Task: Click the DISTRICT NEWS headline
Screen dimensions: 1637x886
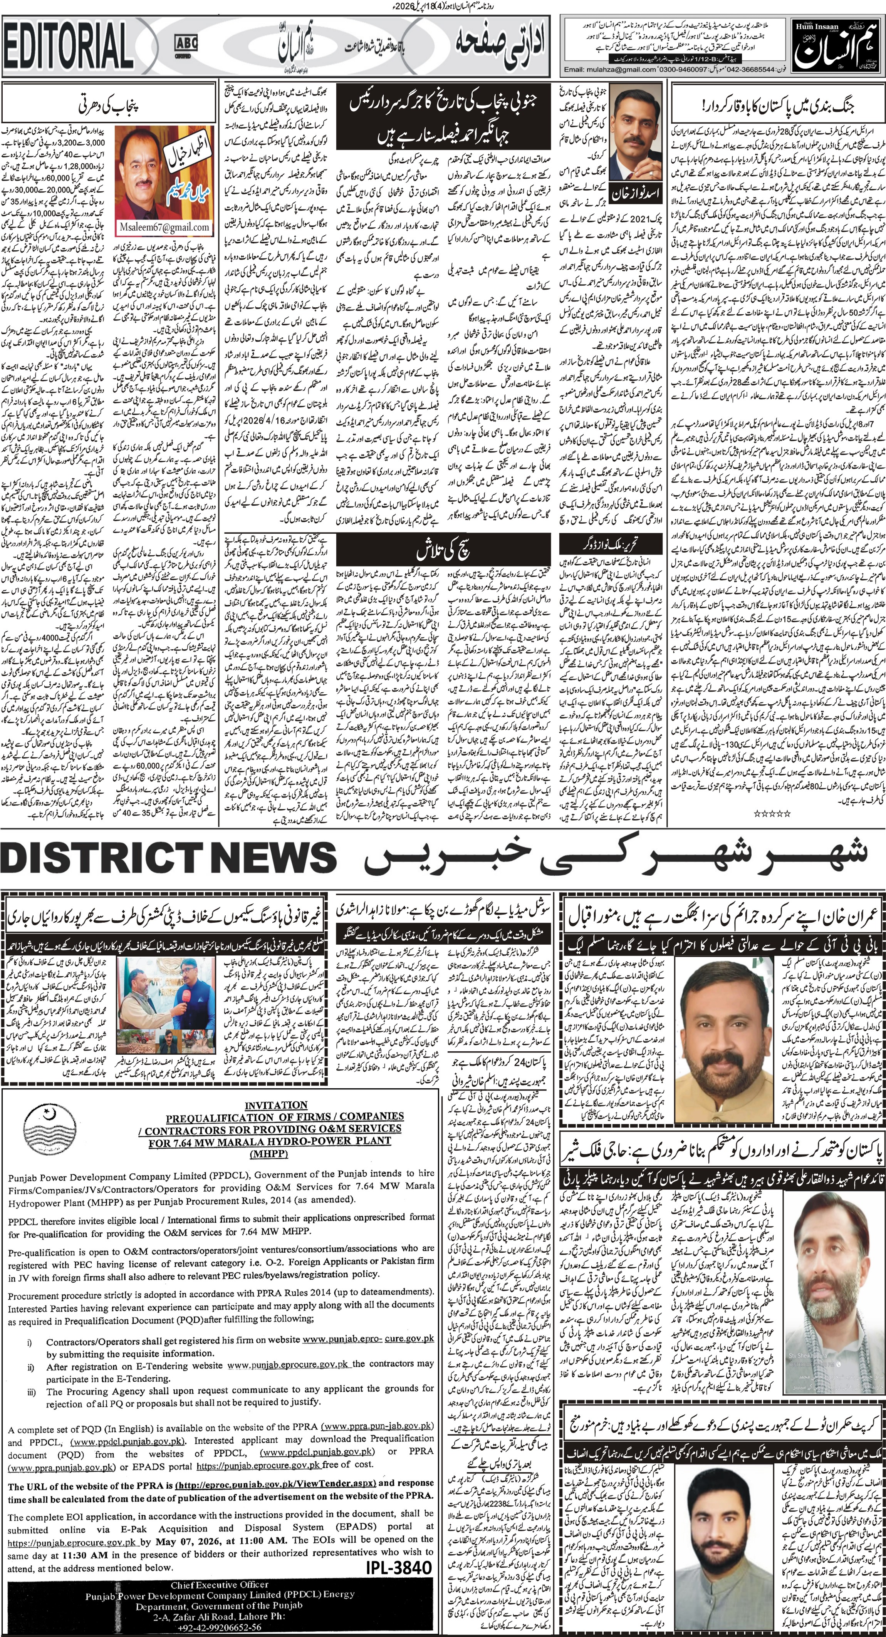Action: (168, 860)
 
